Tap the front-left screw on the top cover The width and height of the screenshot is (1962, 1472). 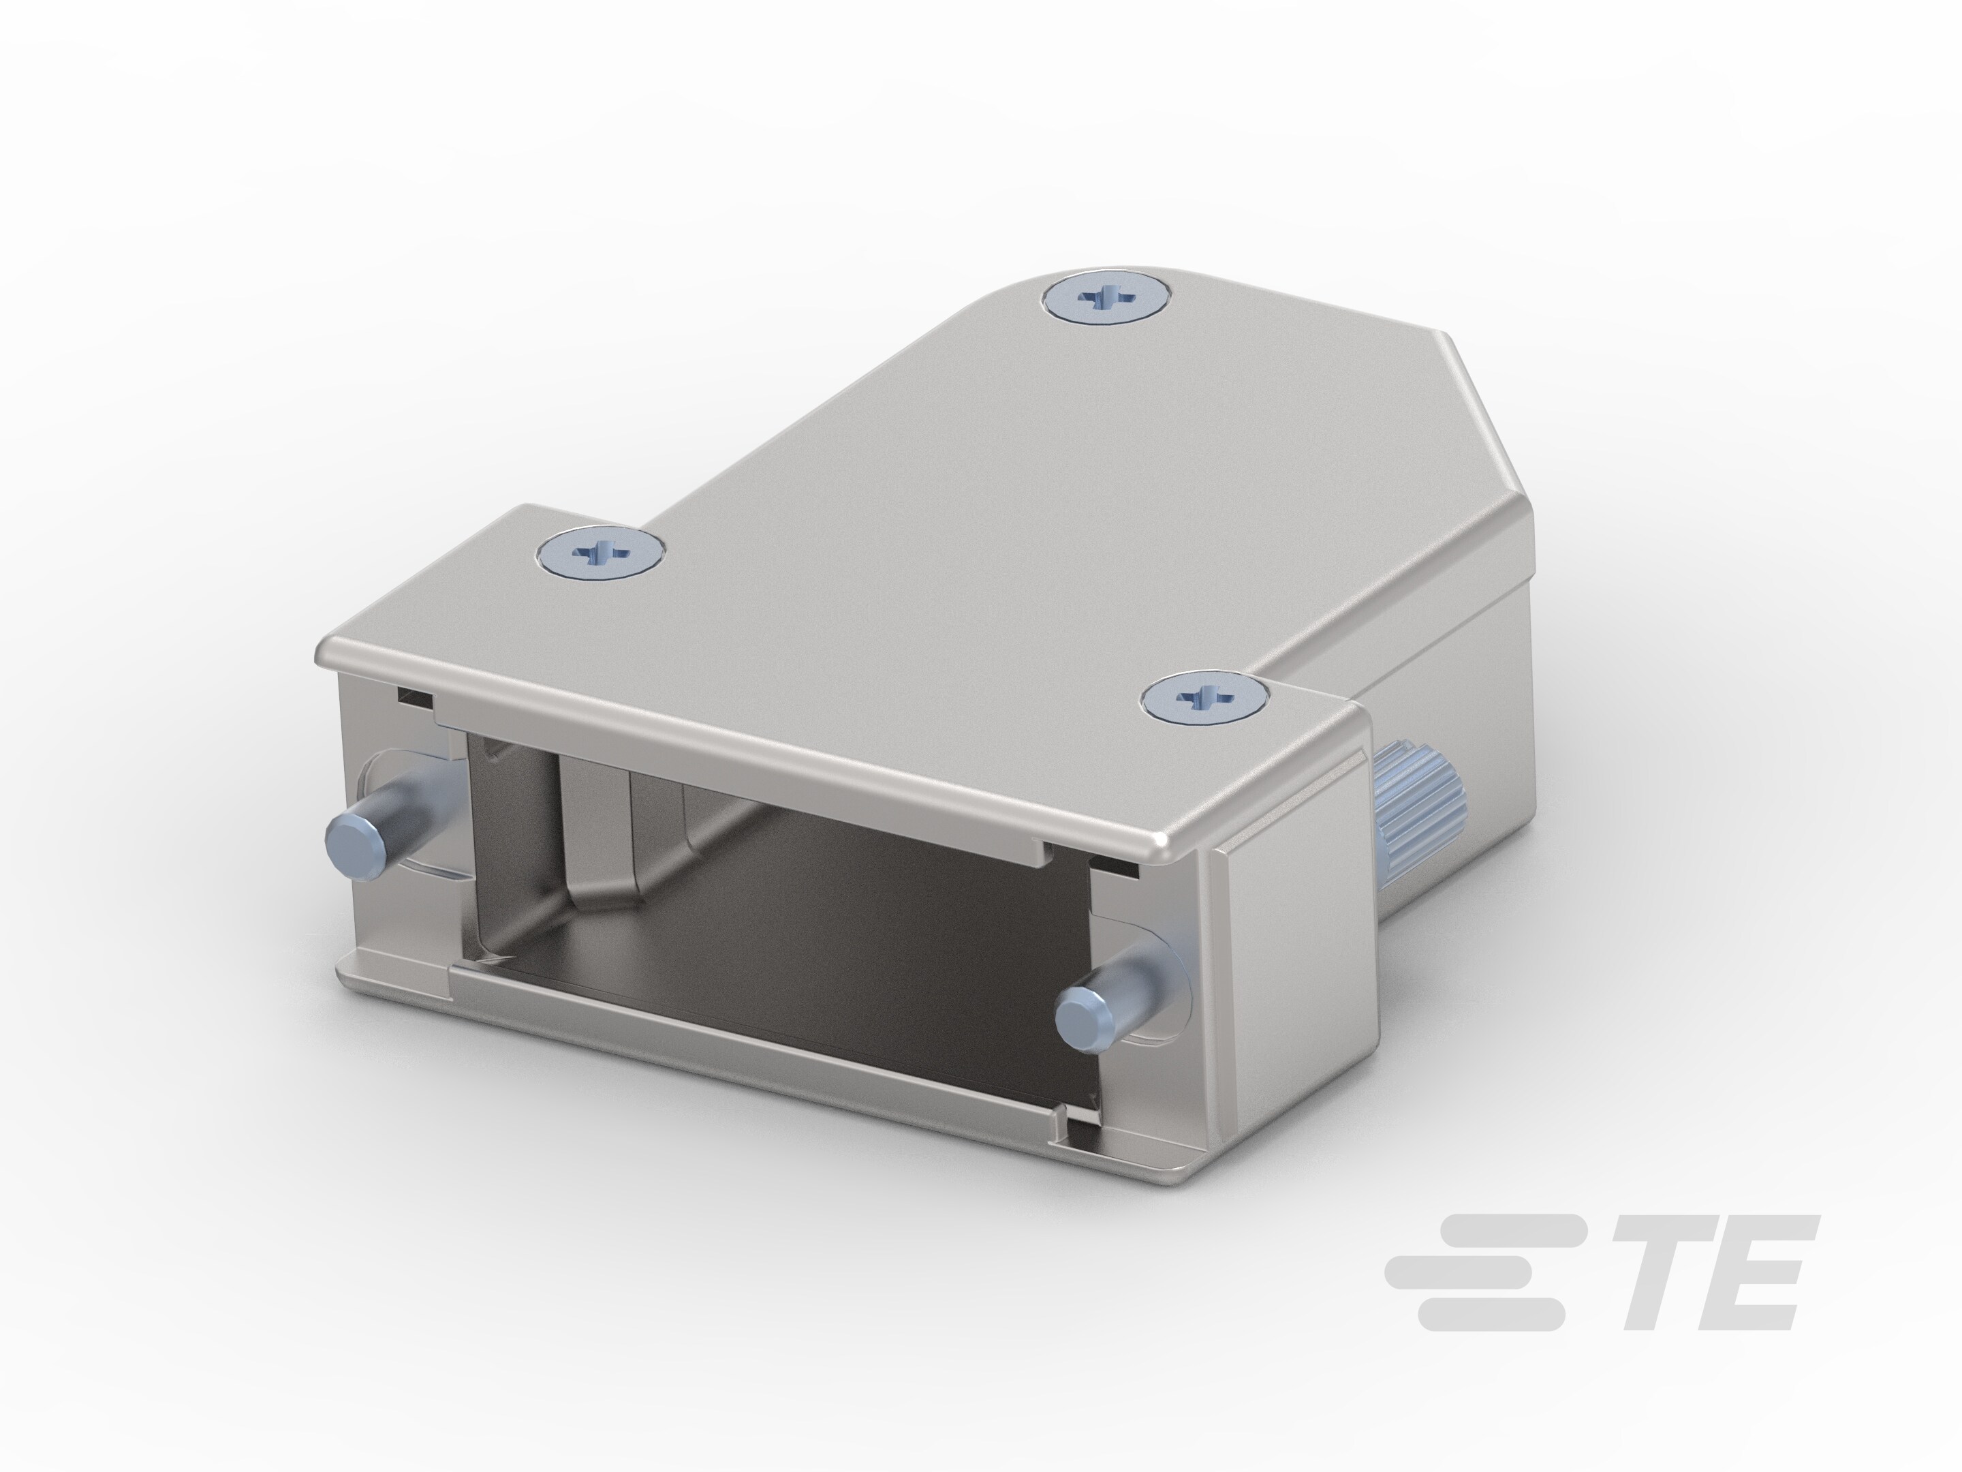click(x=602, y=553)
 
